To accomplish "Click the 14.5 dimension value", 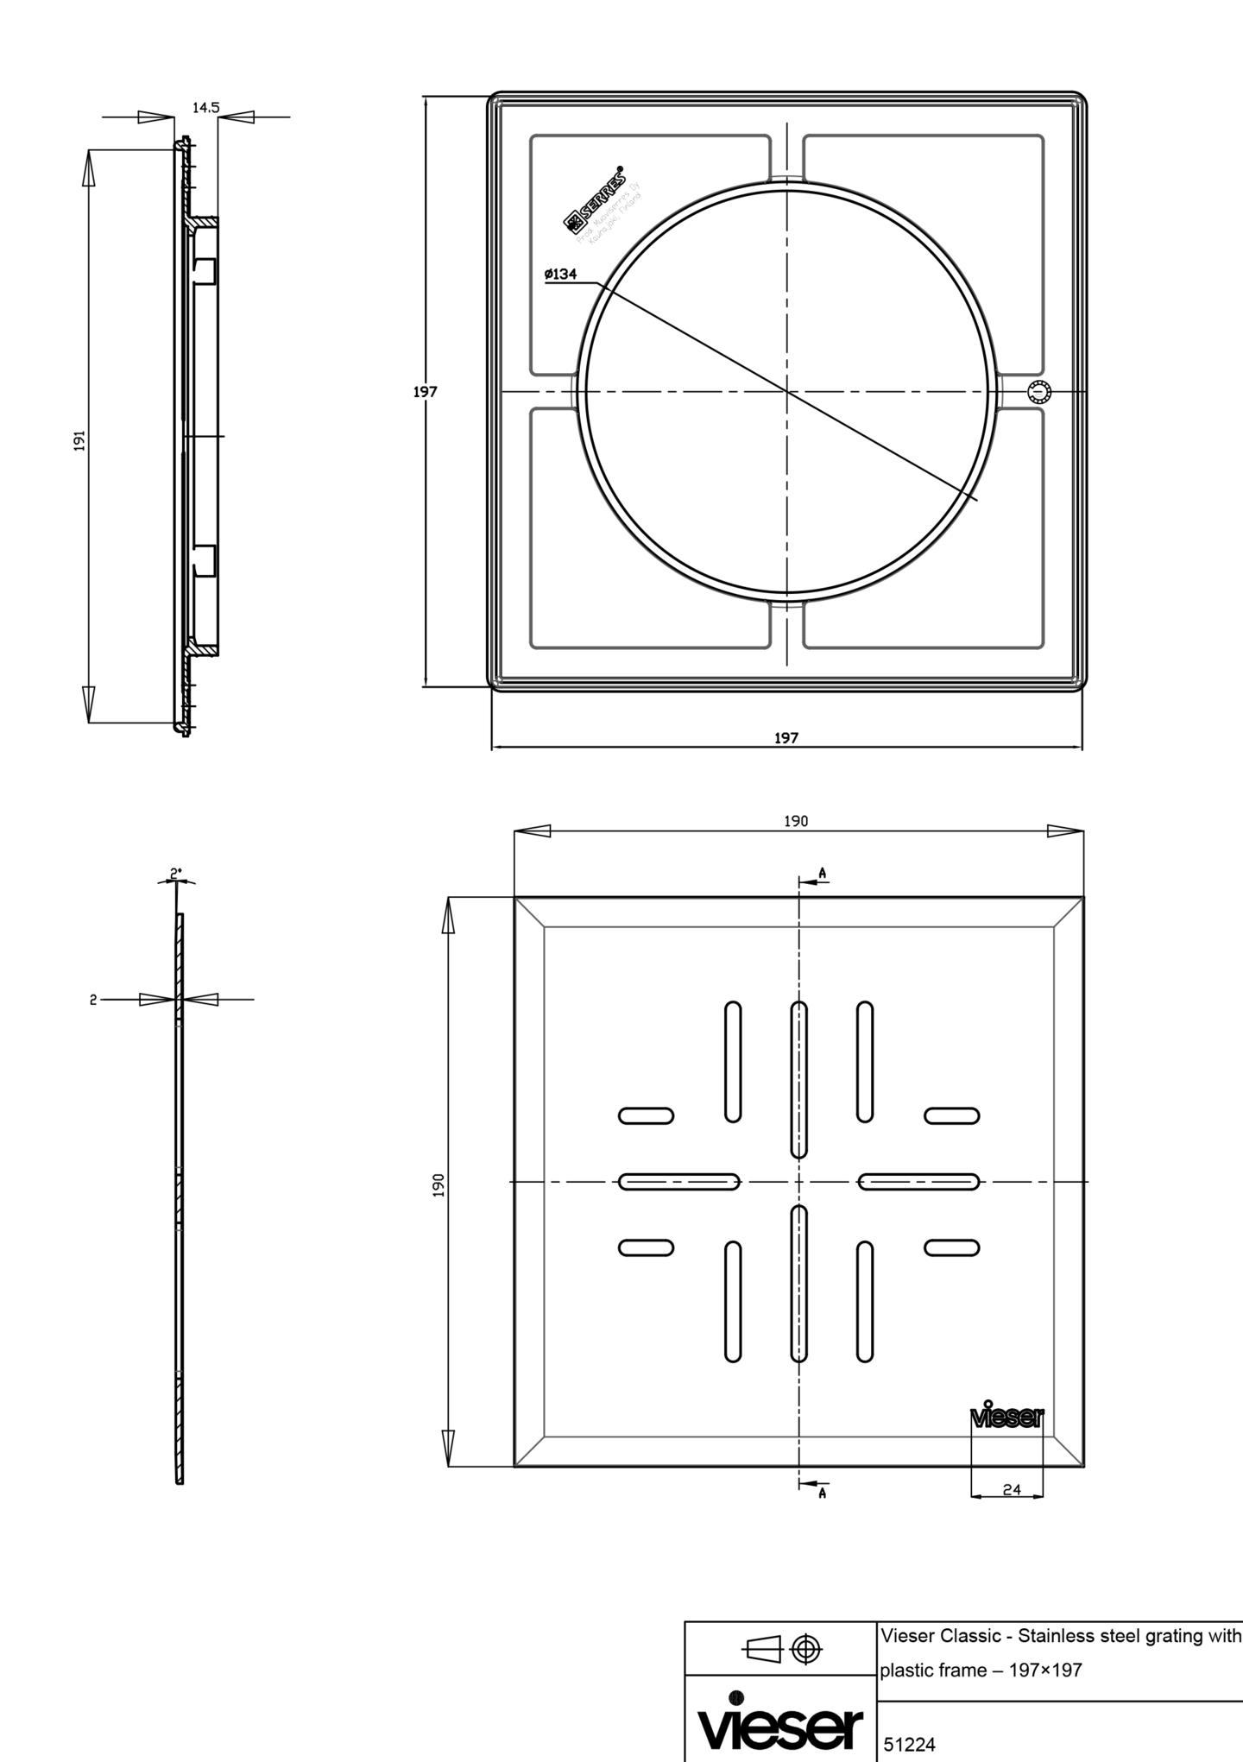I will coord(205,108).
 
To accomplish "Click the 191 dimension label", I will coord(79,439).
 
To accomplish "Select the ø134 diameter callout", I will coord(560,275).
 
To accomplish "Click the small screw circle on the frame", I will coord(1040,393).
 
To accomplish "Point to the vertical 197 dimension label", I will coord(425,392).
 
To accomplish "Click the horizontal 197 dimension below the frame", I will coord(786,738).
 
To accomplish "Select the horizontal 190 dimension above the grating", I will coord(795,821).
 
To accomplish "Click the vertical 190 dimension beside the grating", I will coord(439,1184).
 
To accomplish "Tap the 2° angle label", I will coord(176,874).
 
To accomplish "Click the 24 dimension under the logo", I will coord(1012,1489).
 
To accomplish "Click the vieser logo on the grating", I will coord(1007,1418).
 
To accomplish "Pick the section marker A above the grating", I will coord(822,874).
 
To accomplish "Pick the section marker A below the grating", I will coord(822,1493).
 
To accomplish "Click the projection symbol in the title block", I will coord(782,1650).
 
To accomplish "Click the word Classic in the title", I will coord(970,1636).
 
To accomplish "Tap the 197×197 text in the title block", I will coord(1045,1670).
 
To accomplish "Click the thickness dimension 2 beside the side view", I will coord(92,1000).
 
